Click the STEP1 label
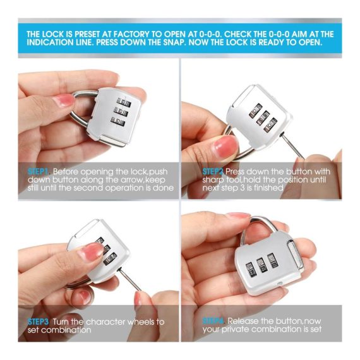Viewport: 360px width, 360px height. click(38, 172)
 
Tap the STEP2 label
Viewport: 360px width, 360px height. click(213, 172)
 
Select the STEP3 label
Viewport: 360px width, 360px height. click(38, 321)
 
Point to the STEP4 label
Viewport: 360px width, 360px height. click(213, 321)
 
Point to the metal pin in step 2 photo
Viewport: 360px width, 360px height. click(292, 146)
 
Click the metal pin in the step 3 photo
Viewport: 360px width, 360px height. click(129, 280)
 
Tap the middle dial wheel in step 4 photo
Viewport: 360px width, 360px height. click(261, 266)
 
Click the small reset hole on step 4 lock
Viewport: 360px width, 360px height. click(280, 284)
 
